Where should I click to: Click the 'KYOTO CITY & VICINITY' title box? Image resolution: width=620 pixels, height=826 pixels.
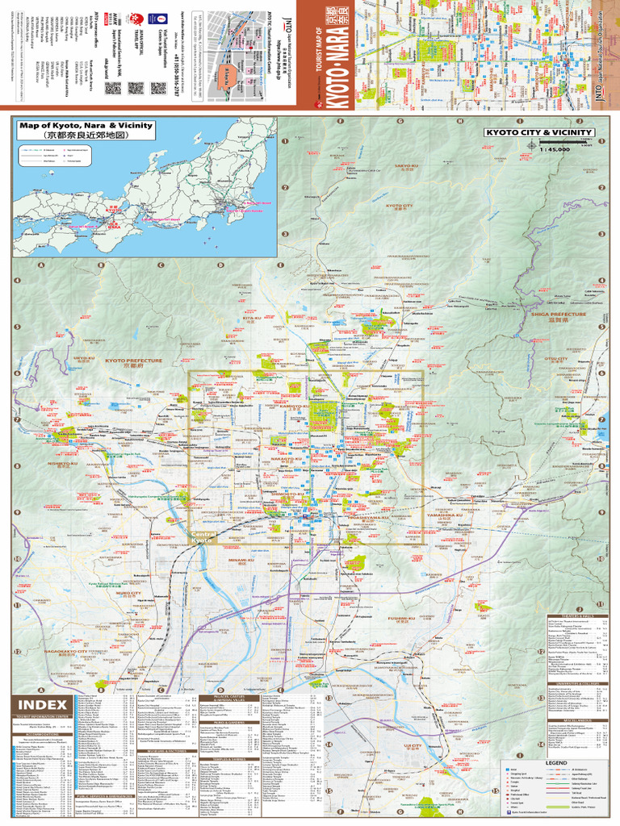click(539, 132)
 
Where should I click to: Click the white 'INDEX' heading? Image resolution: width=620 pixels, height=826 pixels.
click(43, 705)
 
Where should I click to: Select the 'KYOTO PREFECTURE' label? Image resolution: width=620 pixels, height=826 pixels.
click(134, 361)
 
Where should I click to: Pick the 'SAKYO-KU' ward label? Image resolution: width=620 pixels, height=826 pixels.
click(405, 166)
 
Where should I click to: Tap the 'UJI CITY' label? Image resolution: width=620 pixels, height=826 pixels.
click(413, 745)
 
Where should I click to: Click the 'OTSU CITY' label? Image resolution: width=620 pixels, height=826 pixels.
click(556, 359)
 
